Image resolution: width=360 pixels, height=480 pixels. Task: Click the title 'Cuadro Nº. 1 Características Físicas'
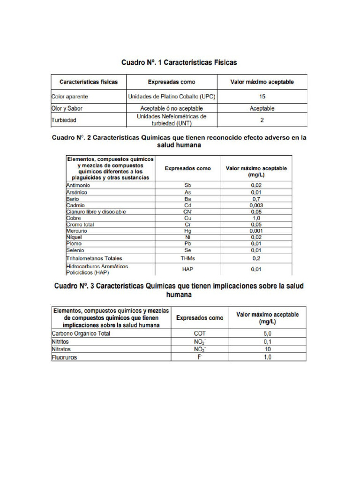(179, 62)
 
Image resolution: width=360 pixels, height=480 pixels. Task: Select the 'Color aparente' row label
(70, 97)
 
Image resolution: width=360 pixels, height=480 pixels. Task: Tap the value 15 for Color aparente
(262, 97)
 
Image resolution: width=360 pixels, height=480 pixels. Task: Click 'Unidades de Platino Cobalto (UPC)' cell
(172, 97)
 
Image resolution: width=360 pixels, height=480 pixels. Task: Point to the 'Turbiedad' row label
(64, 120)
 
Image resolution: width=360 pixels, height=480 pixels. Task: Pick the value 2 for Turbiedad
(262, 120)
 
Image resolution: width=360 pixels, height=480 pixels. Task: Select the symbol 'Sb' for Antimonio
(187, 186)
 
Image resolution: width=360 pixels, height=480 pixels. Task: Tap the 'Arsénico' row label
(77, 192)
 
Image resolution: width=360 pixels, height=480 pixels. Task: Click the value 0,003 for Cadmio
(256, 205)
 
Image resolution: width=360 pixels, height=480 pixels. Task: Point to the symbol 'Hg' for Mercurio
(187, 231)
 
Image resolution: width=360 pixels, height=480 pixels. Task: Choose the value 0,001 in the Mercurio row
(256, 231)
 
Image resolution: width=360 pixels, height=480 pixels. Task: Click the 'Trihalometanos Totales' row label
(94, 258)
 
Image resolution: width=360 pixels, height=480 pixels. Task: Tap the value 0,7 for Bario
(256, 199)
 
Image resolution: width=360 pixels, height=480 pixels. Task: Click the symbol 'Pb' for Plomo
(187, 244)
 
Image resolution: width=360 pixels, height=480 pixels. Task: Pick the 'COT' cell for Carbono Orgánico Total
(200, 334)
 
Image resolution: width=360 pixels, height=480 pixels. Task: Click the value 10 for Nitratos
(267, 349)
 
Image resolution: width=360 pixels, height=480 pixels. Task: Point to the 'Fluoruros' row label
(65, 357)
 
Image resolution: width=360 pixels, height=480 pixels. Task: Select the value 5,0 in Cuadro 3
(267, 334)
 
